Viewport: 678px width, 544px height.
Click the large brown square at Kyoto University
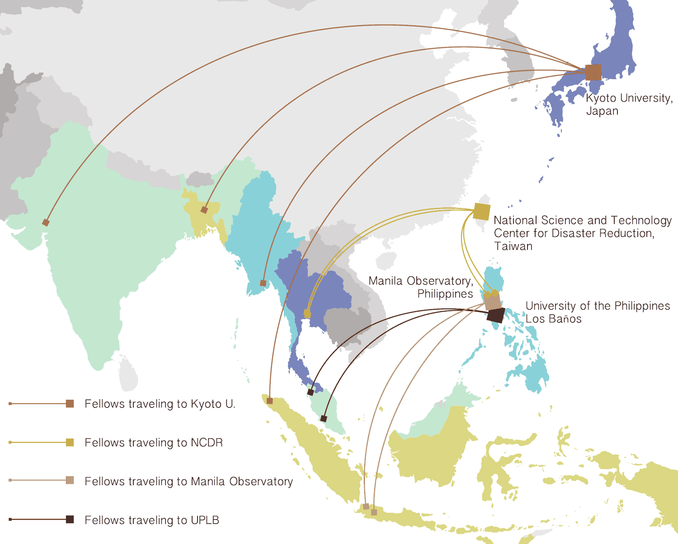tap(593, 72)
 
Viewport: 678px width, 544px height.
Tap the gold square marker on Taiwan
tap(482, 212)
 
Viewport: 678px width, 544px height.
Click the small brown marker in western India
tap(46, 222)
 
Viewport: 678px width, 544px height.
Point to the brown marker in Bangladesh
tap(204, 210)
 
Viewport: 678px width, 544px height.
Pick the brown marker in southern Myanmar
tap(263, 283)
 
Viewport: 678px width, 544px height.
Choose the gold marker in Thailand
tap(307, 313)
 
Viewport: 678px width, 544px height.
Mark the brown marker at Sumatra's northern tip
tap(269, 401)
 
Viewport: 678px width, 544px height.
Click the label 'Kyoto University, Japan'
tap(629, 104)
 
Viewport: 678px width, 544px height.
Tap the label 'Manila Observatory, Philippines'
tap(421, 287)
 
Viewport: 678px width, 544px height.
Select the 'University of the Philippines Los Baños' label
tap(597, 312)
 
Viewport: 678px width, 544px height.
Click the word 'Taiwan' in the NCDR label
tap(513, 246)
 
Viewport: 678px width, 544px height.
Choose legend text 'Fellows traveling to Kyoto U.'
tap(160, 404)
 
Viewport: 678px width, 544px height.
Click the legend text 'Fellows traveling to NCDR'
tap(154, 443)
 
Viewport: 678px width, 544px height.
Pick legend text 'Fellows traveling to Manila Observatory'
tap(188, 482)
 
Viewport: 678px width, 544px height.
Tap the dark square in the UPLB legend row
tap(70, 519)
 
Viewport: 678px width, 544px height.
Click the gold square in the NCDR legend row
tap(70, 442)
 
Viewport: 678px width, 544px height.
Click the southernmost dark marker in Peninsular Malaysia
tap(324, 419)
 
